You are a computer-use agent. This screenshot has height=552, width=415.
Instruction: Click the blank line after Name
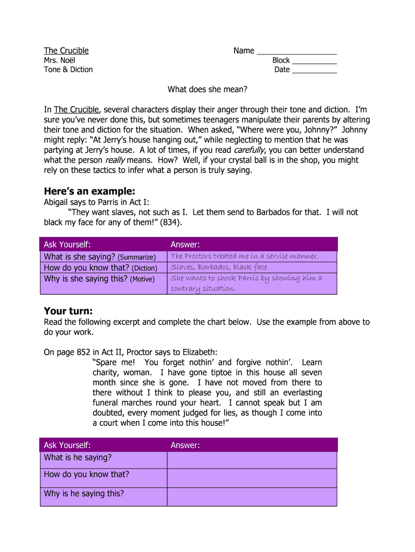pyautogui.click(x=296, y=52)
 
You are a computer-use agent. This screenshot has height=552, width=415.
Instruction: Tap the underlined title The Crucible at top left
pyautogui.click(x=66, y=51)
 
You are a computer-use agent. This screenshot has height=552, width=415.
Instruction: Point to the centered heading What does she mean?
pyautogui.click(x=207, y=89)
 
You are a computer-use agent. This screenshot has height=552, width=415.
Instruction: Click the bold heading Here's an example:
pyautogui.click(x=89, y=191)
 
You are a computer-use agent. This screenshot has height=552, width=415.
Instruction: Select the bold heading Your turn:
pyautogui.click(x=68, y=311)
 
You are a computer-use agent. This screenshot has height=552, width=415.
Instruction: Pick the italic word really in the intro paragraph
pyautogui.click(x=114, y=160)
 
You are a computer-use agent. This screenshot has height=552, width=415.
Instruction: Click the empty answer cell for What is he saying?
pyautogui.click(x=252, y=460)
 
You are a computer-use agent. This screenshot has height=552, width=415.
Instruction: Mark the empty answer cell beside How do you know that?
pyautogui.click(x=252, y=478)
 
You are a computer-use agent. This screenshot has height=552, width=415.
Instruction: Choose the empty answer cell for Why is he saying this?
pyautogui.click(x=252, y=496)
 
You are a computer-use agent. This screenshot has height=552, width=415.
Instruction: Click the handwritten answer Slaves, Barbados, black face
pyautogui.click(x=219, y=267)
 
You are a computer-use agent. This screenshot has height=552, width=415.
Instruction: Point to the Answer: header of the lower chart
pyautogui.click(x=185, y=445)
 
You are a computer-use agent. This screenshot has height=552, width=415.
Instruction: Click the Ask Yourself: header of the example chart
pyautogui.click(x=67, y=244)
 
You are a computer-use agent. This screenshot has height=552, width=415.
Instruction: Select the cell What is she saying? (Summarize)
pyautogui.click(x=100, y=257)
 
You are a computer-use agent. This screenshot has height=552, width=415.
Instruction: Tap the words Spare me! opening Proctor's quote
pyautogui.click(x=111, y=363)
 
